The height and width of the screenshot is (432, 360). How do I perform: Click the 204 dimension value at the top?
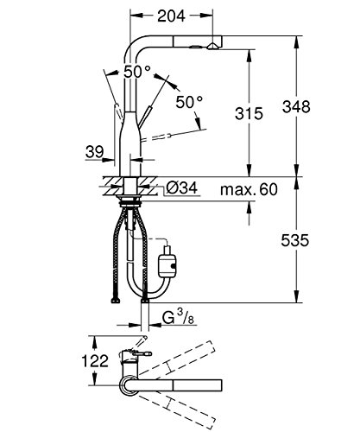(x=172, y=16)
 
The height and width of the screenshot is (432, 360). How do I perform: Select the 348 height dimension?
(x=296, y=107)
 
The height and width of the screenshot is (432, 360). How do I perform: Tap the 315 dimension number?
(x=249, y=113)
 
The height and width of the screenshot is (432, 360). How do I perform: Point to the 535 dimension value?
(x=295, y=240)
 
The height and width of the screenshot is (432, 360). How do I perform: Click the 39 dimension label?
(x=94, y=151)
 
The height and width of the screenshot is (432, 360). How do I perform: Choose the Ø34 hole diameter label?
(x=182, y=188)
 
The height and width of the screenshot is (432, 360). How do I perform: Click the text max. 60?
(x=249, y=189)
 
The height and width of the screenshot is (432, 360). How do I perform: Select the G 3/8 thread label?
(x=178, y=319)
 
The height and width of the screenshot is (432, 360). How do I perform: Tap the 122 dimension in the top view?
(x=95, y=361)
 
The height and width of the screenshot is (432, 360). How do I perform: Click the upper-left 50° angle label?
(x=137, y=72)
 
